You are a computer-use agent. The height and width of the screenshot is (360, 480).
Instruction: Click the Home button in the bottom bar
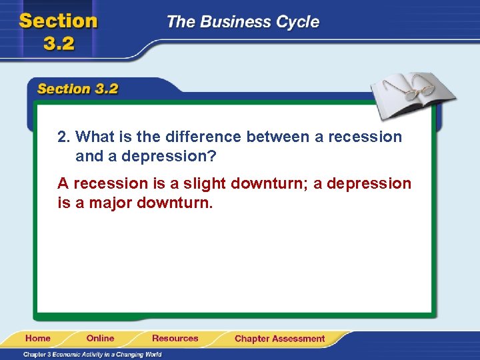point(39,339)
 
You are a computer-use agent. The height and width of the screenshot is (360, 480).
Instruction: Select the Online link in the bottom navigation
point(100,339)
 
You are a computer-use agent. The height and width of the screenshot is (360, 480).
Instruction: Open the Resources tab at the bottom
point(175,339)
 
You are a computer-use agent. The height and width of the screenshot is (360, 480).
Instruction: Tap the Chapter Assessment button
point(279,339)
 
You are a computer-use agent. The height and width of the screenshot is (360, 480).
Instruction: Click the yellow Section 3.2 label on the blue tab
point(78,89)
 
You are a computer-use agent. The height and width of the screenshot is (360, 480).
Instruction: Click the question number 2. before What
point(64,137)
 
